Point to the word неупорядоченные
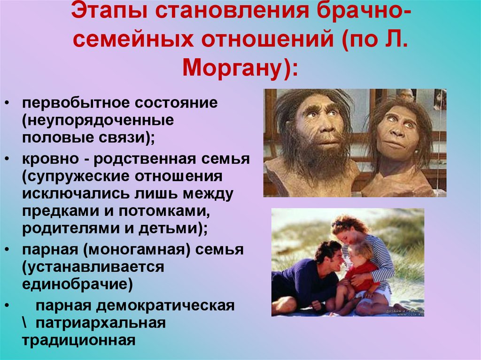click(x=97, y=120)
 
